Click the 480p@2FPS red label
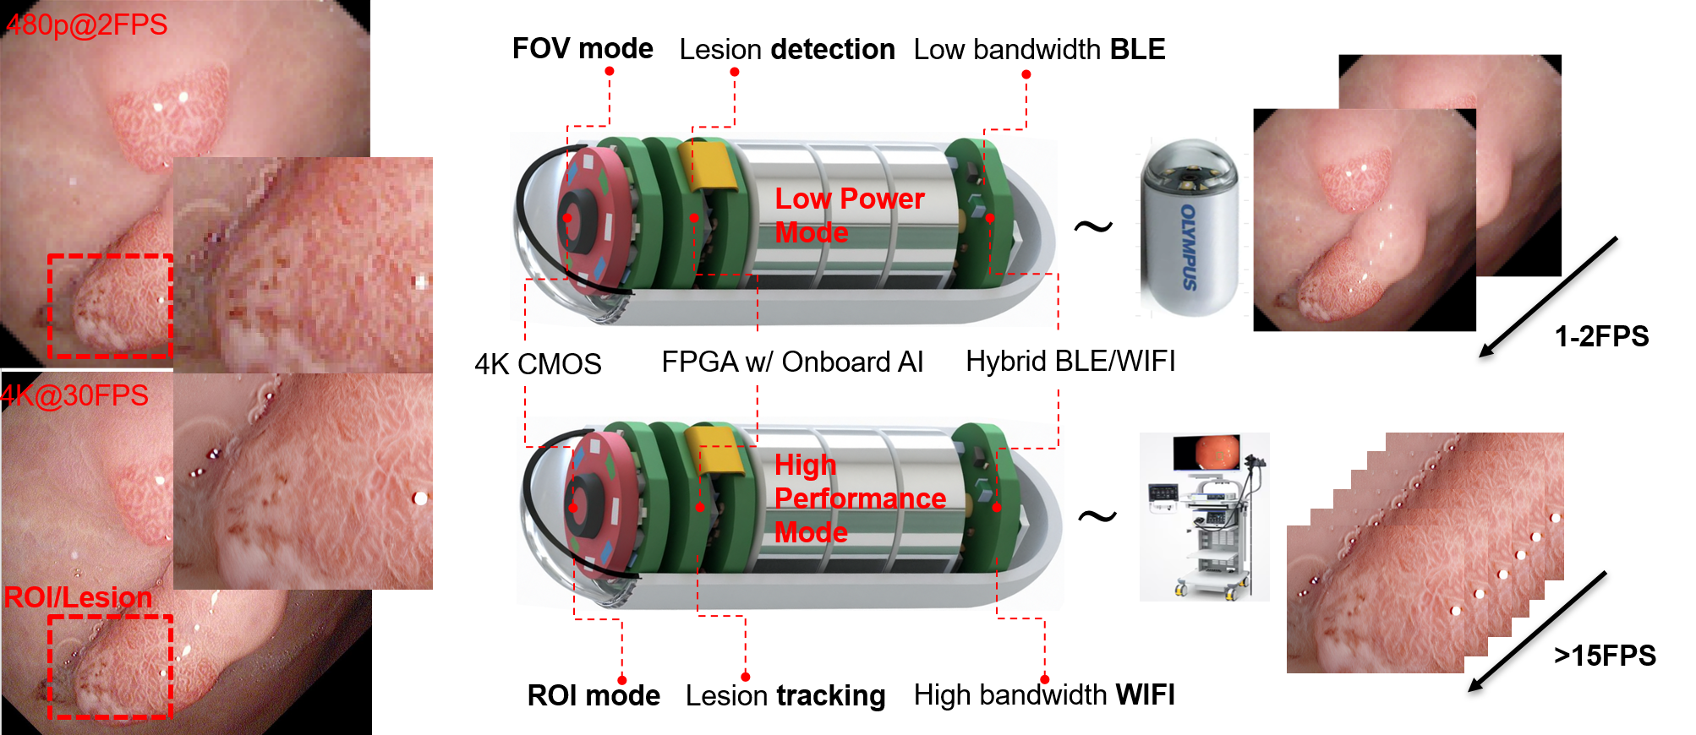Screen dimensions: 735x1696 click(86, 24)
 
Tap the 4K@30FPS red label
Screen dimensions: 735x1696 click(74, 395)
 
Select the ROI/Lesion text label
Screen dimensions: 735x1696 click(78, 597)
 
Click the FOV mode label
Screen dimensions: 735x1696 click(583, 48)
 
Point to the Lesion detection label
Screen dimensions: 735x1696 click(786, 49)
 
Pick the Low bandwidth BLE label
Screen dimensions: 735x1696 click(1039, 49)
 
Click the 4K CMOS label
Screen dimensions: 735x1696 click(538, 364)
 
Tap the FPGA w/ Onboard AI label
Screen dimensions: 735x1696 click(791, 362)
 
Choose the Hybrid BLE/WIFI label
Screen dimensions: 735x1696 click(1070, 361)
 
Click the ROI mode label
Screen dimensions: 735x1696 click(594, 695)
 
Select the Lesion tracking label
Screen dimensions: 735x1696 click(785, 695)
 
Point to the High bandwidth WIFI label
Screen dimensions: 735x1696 click(1044, 694)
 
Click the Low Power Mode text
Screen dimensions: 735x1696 click(849, 215)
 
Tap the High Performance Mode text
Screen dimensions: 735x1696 click(859, 498)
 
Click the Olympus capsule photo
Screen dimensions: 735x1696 click(1188, 228)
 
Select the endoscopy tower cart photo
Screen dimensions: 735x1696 click(1204, 516)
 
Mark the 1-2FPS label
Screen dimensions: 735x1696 click(1601, 336)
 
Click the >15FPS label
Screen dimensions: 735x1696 click(1605, 656)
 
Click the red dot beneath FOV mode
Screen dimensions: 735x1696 click(609, 72)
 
